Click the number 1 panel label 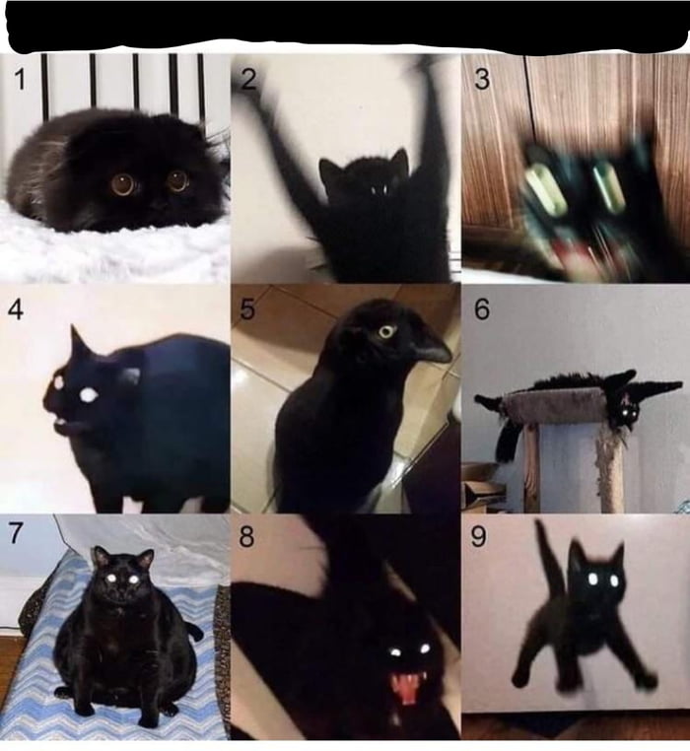click(20, 78)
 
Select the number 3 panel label click(481, 80)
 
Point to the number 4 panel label click(16, 308)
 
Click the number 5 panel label click(247, 309)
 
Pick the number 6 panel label click(481, 309)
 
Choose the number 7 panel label click(16, 534)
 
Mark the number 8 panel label click(246, 537)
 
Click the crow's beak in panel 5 click(430, 347)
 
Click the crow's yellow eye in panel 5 click(387, 331)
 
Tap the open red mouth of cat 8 click(406, 687)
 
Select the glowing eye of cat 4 click(88, 394)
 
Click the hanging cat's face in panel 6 click(623, 411)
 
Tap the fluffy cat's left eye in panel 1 click(123, 183)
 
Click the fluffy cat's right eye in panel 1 click(177, 179)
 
